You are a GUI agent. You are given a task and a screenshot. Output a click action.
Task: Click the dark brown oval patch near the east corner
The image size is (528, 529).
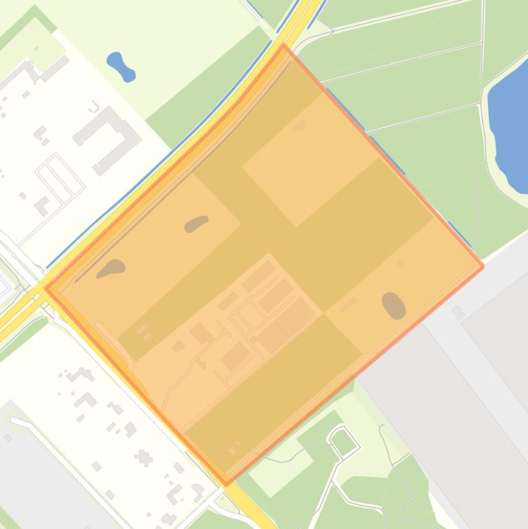pyautogui.click(x=393, y=305)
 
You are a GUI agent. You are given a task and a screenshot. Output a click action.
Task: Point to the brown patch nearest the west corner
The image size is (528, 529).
pyautogui.click(x=111, y=268)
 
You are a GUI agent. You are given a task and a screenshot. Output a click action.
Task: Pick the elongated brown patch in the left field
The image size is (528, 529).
pyautogui.click(x=196, y=223)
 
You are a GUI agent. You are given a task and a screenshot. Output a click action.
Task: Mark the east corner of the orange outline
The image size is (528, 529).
pyautogui.click(x=483, y=267)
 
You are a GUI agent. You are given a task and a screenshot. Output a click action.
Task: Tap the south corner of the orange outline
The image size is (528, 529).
pyautogui.click(x=227, y=484)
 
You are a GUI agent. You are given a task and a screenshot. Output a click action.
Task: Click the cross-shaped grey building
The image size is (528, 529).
pyautogui.click(x=144, y=457)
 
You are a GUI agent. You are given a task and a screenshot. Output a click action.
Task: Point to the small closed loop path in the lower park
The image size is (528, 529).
pyautogui.click(x=343, y=440)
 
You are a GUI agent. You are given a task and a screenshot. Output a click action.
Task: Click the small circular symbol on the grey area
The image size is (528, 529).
pyautogui.click(x=457, y=311)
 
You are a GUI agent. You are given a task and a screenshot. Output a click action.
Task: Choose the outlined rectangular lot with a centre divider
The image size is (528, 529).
pyautogui.click(x=60, y=176)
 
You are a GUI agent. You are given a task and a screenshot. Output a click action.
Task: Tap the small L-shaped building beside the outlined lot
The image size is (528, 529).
pyautogui.click(x=43, y=204)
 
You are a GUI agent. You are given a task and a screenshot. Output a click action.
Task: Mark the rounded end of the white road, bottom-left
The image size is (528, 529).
pyautogui.click(x=14, y=421)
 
